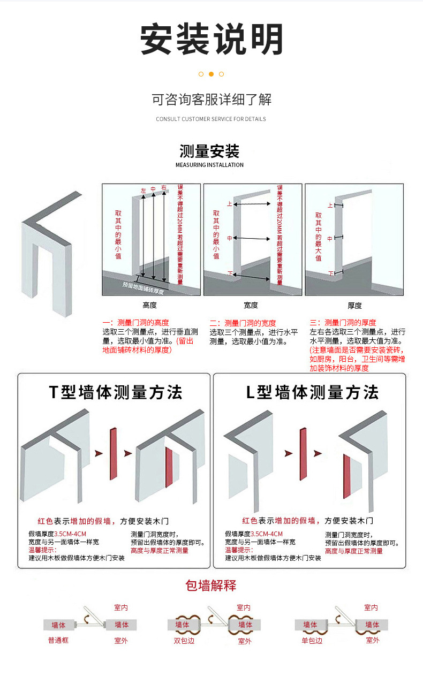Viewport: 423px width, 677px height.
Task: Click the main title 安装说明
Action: point(211,39)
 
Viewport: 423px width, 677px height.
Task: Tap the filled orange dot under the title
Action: point(211,74)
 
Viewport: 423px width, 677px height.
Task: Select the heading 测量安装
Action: point(209,151)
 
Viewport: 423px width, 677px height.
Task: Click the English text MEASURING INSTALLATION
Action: point(209,165)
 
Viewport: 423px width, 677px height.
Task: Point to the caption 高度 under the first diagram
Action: point(150,305)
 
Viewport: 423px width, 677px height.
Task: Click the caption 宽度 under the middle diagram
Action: point(251,305)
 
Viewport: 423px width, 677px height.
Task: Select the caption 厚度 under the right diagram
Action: point(354,305)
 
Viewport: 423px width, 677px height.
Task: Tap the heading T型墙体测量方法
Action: point(116,392)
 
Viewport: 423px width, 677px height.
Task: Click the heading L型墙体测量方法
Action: point(312,392)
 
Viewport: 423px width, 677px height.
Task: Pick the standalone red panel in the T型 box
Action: point(112,453)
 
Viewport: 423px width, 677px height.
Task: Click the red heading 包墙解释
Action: point(211,585)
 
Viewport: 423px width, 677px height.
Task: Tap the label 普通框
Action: point(58,641)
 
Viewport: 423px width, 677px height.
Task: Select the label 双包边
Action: point(182,641)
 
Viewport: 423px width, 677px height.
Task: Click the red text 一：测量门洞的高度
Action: point(136,323)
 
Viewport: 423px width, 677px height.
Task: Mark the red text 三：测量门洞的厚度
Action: point(343,323)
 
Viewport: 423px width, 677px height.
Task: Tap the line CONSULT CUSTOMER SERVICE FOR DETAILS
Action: point(211,119)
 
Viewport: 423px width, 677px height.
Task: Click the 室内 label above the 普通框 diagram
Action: point(121,607)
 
